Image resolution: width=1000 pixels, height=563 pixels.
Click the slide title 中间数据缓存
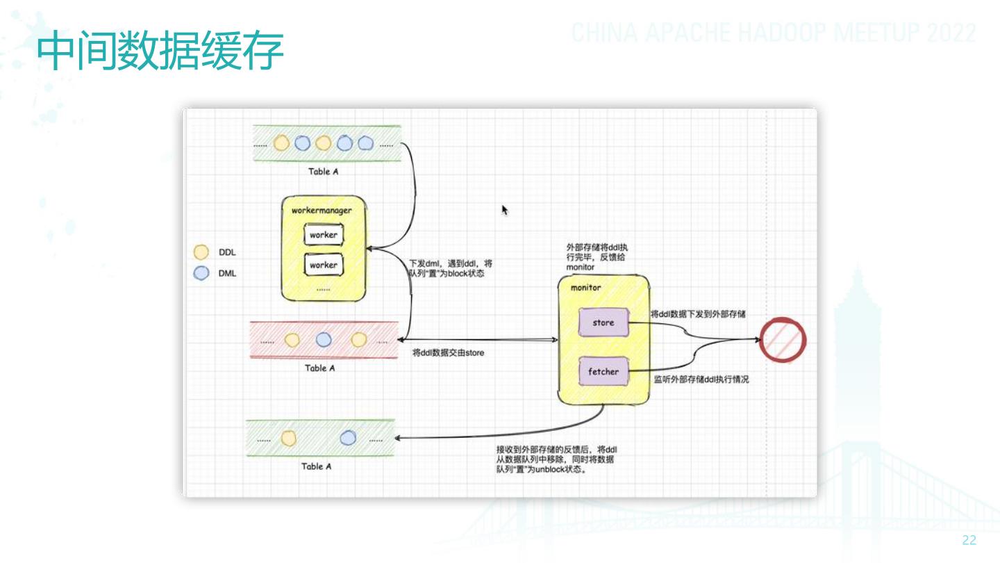point(160,51)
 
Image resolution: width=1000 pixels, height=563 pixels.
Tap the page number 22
point(969,541)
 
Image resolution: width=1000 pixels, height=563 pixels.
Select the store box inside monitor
point(603,323)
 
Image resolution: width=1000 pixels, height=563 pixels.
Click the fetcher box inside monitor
point(603,372)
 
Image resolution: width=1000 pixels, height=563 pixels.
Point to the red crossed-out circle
point(783,341)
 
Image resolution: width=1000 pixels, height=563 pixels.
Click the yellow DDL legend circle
point(201,252)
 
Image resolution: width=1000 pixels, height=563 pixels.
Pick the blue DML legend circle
point(201,273)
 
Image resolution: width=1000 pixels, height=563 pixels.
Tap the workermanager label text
point(322,211)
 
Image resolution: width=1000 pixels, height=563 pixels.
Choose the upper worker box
point(324,235)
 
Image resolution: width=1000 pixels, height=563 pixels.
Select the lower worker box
point(324,265)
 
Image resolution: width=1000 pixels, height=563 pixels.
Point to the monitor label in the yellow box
point(585,288)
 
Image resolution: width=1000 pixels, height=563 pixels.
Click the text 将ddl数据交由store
point(448,353)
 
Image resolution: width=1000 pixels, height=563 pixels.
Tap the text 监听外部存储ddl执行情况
point(701,380)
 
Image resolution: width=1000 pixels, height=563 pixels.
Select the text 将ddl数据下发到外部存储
point(698,314)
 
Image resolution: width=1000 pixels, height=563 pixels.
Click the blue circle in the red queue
point(324,340)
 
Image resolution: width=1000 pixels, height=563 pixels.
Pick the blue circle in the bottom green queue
point(348,438)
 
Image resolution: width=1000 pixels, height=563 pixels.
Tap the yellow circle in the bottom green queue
point(289,439)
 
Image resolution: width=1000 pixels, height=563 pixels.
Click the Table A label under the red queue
point(320,368)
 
